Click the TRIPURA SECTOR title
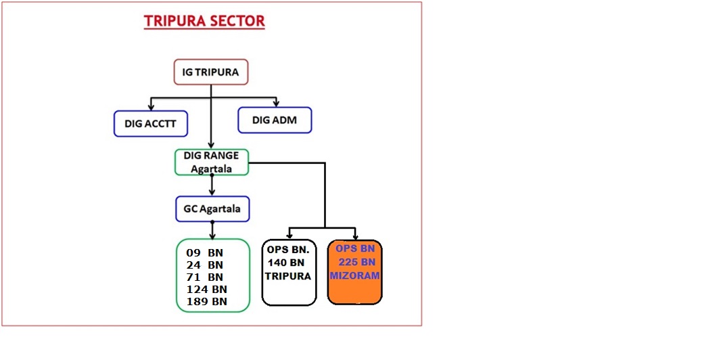tap(204, 21)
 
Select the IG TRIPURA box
tap(211, 72)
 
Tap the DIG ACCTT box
tap(151, 124)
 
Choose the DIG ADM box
tap(275, 120)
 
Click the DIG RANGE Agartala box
tap(212, 162)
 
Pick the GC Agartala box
tap(212, 209)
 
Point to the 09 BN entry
tap(205, 253)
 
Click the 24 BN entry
tap(205, 265)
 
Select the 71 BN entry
tap(205, 277)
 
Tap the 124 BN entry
tap(206, 289)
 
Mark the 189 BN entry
tap(206, 302)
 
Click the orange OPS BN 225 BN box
tap(354, 272)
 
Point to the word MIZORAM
tap(354, 276)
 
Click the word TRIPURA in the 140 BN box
tap(288, 276)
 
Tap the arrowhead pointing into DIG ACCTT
tap(151, 107)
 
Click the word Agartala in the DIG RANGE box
tap(212, 168)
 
